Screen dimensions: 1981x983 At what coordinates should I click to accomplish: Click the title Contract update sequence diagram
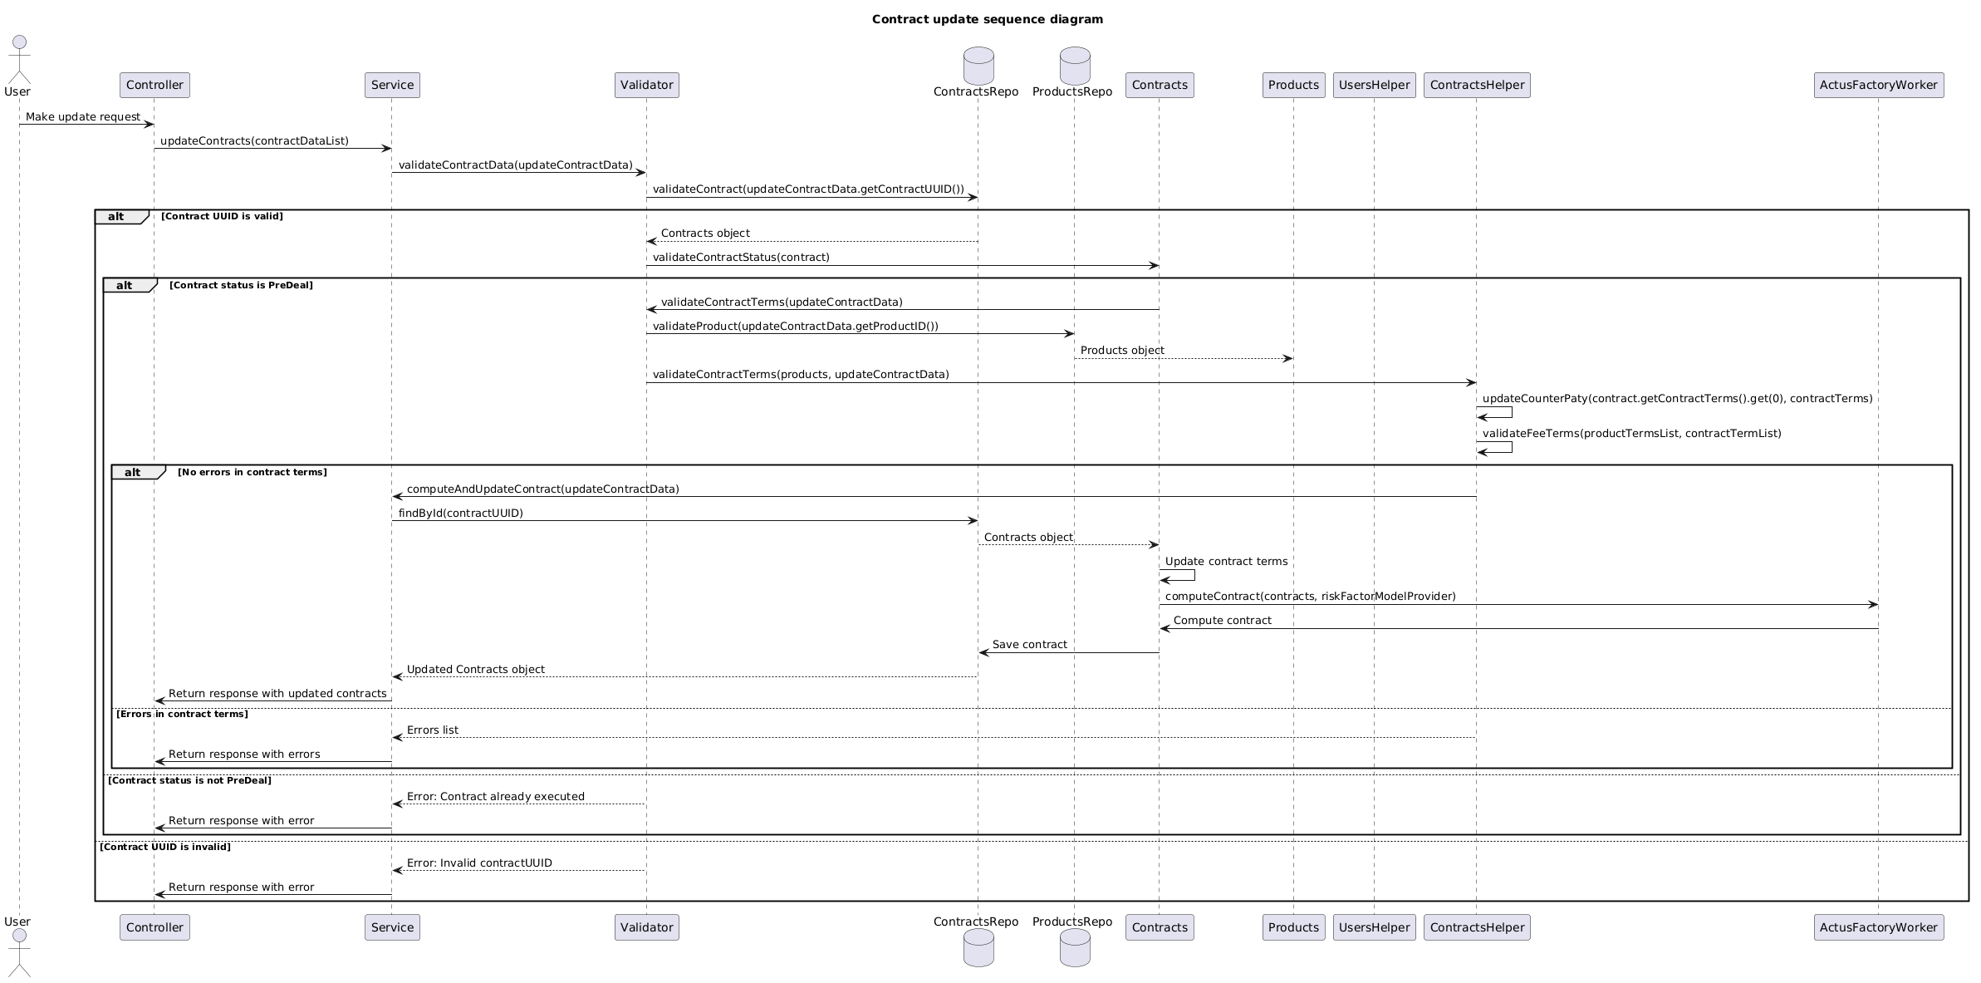tap(987, 19)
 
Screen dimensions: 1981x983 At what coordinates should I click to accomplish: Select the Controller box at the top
tap(154, 85)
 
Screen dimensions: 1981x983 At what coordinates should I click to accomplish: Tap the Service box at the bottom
tap(392, 927)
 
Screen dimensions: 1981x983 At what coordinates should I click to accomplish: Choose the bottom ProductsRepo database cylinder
tap(1075, 948)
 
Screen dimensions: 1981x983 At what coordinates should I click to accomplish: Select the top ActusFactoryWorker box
tap(1879, 85)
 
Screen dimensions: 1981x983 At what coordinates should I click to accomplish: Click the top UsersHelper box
tap(1374, 85)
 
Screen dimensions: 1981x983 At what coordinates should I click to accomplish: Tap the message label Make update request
tap(83, 117)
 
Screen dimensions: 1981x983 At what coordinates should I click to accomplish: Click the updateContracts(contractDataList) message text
tap(254, 141)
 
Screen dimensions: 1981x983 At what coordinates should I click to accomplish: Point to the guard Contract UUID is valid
tap(222, 216)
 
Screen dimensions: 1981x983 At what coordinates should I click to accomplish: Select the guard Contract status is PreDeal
tap(241, 285)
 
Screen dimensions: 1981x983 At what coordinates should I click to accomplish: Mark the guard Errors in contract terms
tap(182, 714)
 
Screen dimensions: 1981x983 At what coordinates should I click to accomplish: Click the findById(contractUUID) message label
tap(461, 514)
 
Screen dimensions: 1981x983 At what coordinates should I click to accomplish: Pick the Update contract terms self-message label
tap(1226, 562)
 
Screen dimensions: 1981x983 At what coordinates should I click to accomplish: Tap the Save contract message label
tap(1030, 645)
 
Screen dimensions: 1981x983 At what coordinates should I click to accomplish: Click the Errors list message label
tap(433, 730)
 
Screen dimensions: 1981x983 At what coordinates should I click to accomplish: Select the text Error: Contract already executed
tap(496, 797)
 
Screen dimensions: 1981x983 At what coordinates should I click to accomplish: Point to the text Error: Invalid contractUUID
tap(479, 863)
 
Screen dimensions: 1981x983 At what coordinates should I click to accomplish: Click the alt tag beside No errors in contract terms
tap(133, 472)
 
